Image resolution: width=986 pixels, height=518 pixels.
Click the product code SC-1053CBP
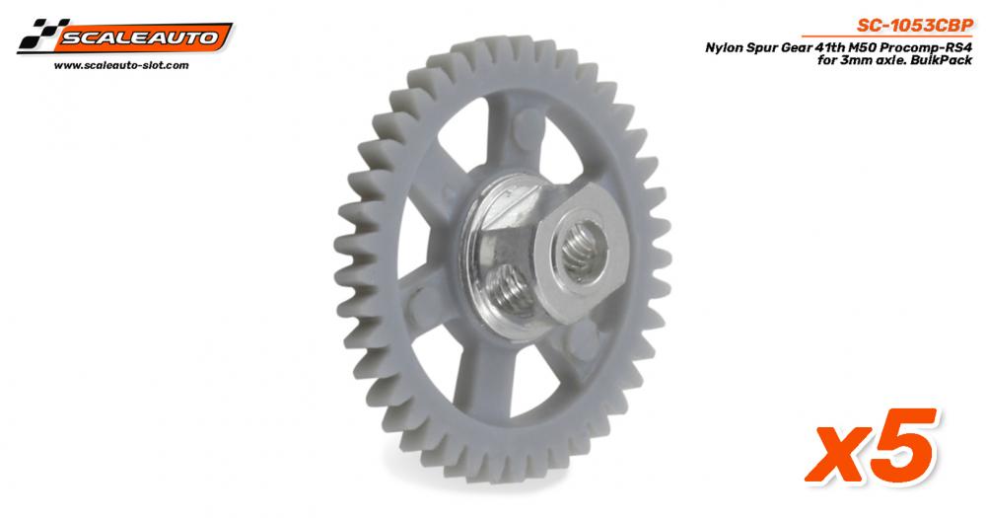(915, 26)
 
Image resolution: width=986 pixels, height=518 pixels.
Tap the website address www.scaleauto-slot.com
(121, 65)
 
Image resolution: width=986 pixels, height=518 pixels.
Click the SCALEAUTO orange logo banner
(141, 37)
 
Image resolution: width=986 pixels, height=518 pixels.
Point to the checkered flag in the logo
(39, 35)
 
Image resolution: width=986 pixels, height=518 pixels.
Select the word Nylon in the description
(723, 47)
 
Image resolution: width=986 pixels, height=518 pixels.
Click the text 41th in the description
(824, 47)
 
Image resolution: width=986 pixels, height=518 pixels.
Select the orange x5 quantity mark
(872, 447)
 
